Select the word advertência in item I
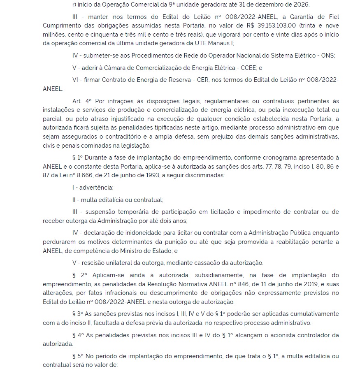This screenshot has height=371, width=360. point(96,188)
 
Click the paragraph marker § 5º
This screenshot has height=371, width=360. point(79,356)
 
